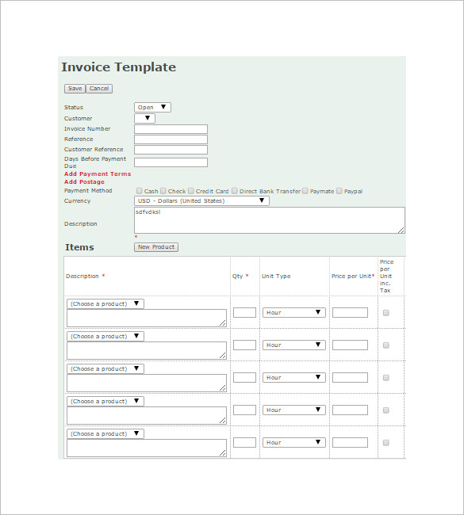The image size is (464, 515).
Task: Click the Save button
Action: pos(75,89)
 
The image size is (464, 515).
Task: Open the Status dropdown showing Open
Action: pos(152,108)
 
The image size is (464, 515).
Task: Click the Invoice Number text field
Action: pos(171,129)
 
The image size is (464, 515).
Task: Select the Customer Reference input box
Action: pos(171,150)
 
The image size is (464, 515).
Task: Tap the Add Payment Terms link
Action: pos(98,174)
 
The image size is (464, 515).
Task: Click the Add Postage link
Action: pos(84,182)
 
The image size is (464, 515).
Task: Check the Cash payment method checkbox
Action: pos(140,191)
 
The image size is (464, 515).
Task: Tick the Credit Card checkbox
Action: pos(191,191)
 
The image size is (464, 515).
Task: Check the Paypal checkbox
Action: pos(339,191)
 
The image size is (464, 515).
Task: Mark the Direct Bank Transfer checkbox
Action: pos(235,191)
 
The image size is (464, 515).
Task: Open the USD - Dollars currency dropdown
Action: pos(201,201)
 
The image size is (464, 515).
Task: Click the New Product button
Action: pos(155,247)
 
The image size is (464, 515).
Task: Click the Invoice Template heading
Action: pos(118,67)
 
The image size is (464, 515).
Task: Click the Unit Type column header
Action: pos(276,277)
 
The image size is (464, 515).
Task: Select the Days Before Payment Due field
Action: pos(171,162)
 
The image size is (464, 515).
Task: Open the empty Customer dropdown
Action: pos(144,119)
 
